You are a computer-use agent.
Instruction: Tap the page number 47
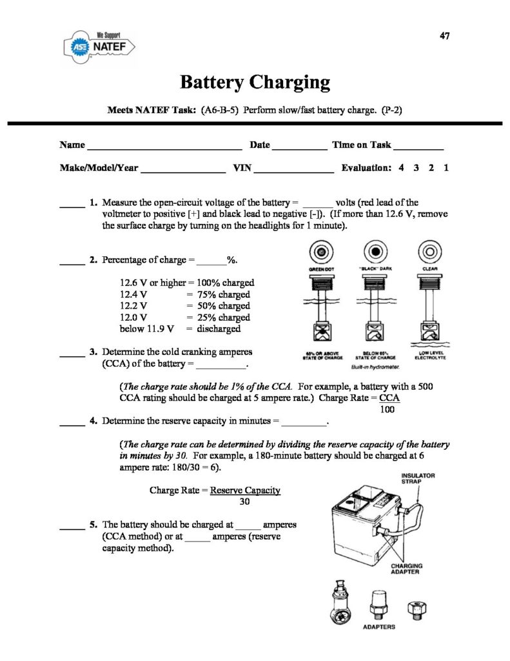[x=445, y=36]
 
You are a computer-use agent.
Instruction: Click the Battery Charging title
[x=255, y=83]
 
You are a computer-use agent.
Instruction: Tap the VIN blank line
[x=293, y=169]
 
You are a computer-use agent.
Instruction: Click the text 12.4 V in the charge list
[x=133, y=294]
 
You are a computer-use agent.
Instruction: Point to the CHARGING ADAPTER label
[x=407, y=569]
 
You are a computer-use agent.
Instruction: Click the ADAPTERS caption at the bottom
[x=379, y=627]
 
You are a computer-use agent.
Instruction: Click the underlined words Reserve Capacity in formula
[x=245, y=490]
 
